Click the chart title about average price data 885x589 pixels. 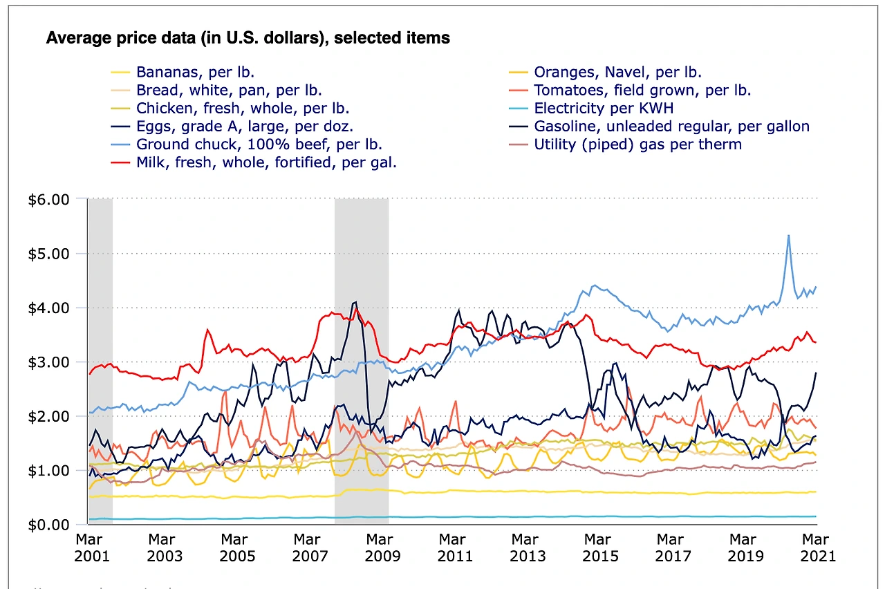[x=248, y=38]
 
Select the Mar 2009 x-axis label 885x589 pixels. [x=380, y=547]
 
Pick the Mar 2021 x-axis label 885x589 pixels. [x=815, y=547]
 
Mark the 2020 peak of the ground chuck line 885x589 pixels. [x=788, y=236]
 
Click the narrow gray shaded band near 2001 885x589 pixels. [x=100, y=359]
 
